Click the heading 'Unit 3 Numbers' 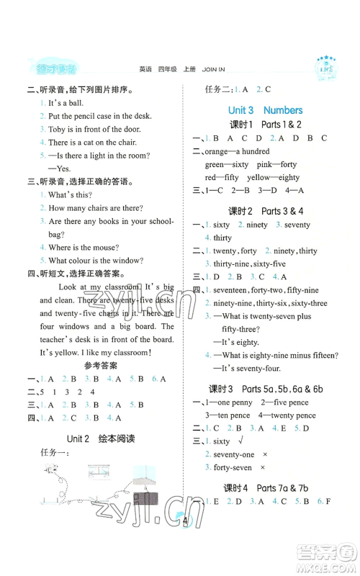265,110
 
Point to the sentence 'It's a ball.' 66,102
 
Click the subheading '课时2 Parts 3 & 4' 266,211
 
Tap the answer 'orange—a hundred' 237,151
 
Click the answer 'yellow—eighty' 274,177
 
